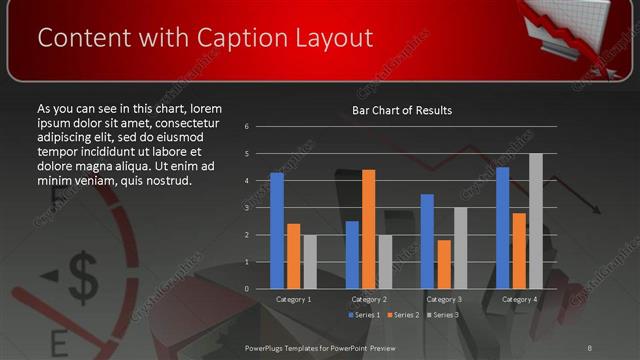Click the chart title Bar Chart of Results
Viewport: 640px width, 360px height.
(402, 110)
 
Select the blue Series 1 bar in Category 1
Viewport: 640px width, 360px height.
(277, 231)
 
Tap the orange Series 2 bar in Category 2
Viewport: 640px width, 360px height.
(368, 229)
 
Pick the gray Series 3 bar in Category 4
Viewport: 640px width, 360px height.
(535, 221)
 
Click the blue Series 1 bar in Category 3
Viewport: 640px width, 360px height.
(427, 241)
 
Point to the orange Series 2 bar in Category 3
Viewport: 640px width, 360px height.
(443, 264)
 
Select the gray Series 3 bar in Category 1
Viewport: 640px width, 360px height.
(309, 262)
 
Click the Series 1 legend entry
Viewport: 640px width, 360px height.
(363, 315)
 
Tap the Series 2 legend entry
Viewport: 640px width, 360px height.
(403, 315)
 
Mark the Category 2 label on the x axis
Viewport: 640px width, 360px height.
(368, 299)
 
